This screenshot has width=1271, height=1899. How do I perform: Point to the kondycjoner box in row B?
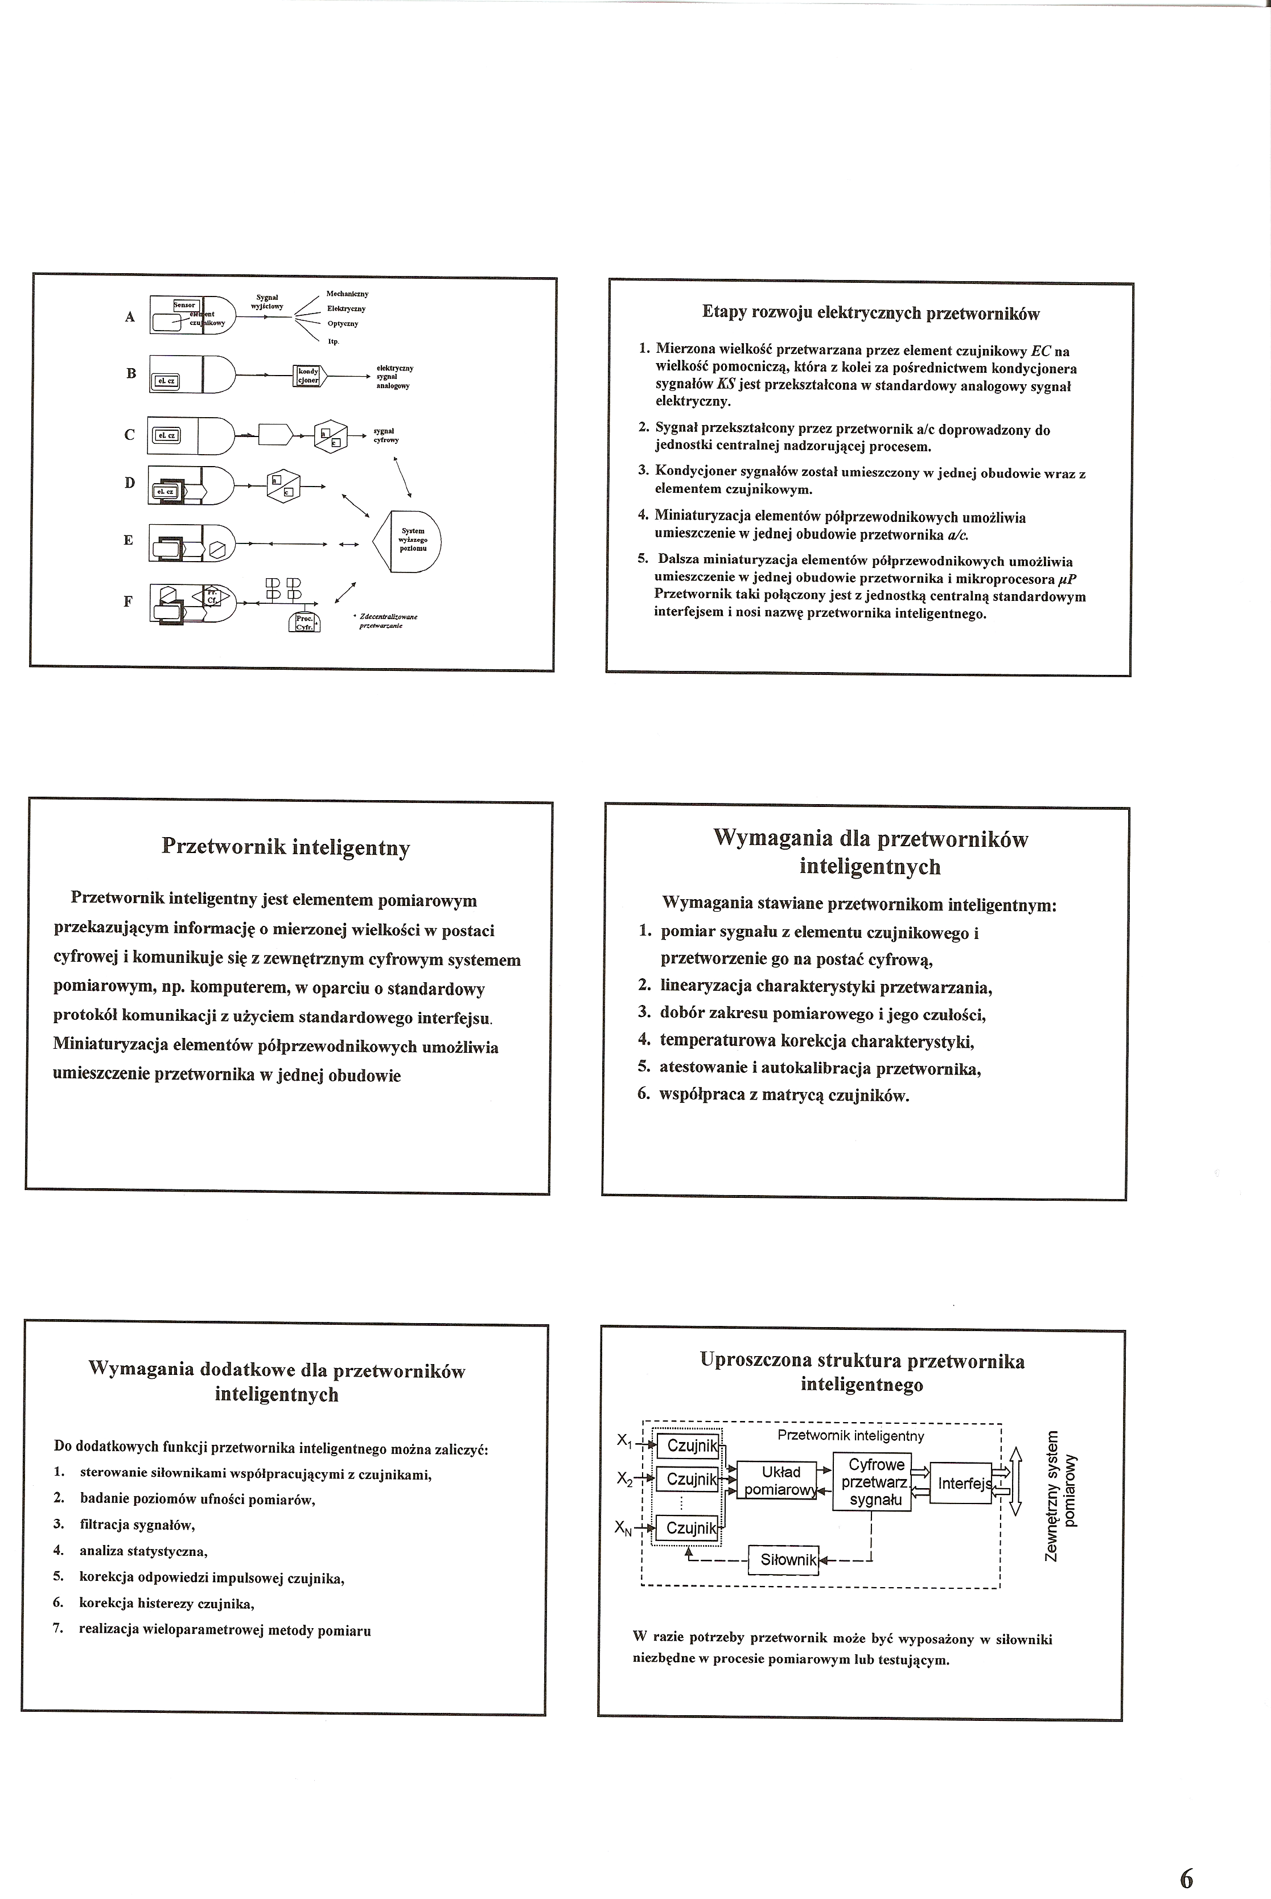tap(308, 375)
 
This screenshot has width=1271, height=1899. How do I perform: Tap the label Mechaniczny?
tap(347, 294)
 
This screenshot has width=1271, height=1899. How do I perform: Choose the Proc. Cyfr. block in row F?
tap(304, 621)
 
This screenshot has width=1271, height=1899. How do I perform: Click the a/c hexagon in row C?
tap(330, 435)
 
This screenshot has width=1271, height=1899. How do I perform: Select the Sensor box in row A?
tap(185, 305)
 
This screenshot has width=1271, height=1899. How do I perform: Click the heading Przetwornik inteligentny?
tap(285, 847)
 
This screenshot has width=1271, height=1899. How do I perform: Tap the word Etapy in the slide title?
tap(721, 314)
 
